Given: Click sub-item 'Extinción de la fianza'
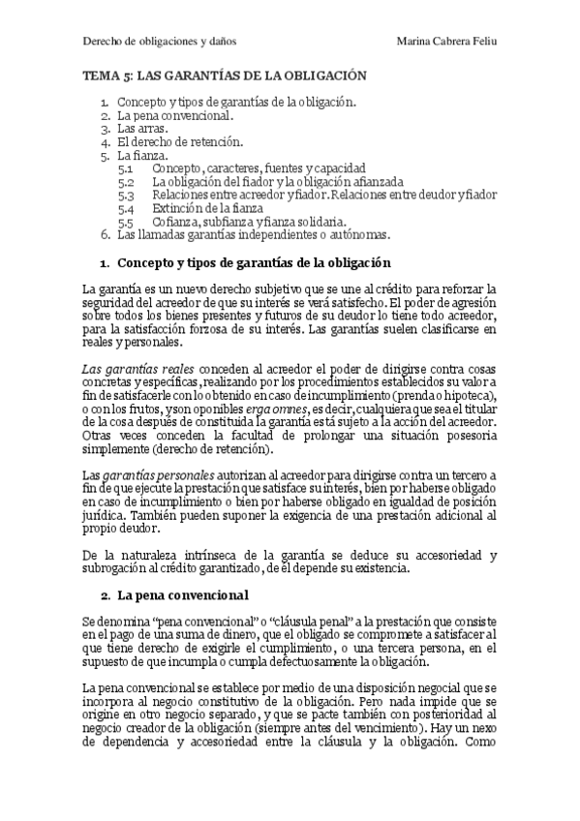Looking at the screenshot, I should [206, 208].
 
